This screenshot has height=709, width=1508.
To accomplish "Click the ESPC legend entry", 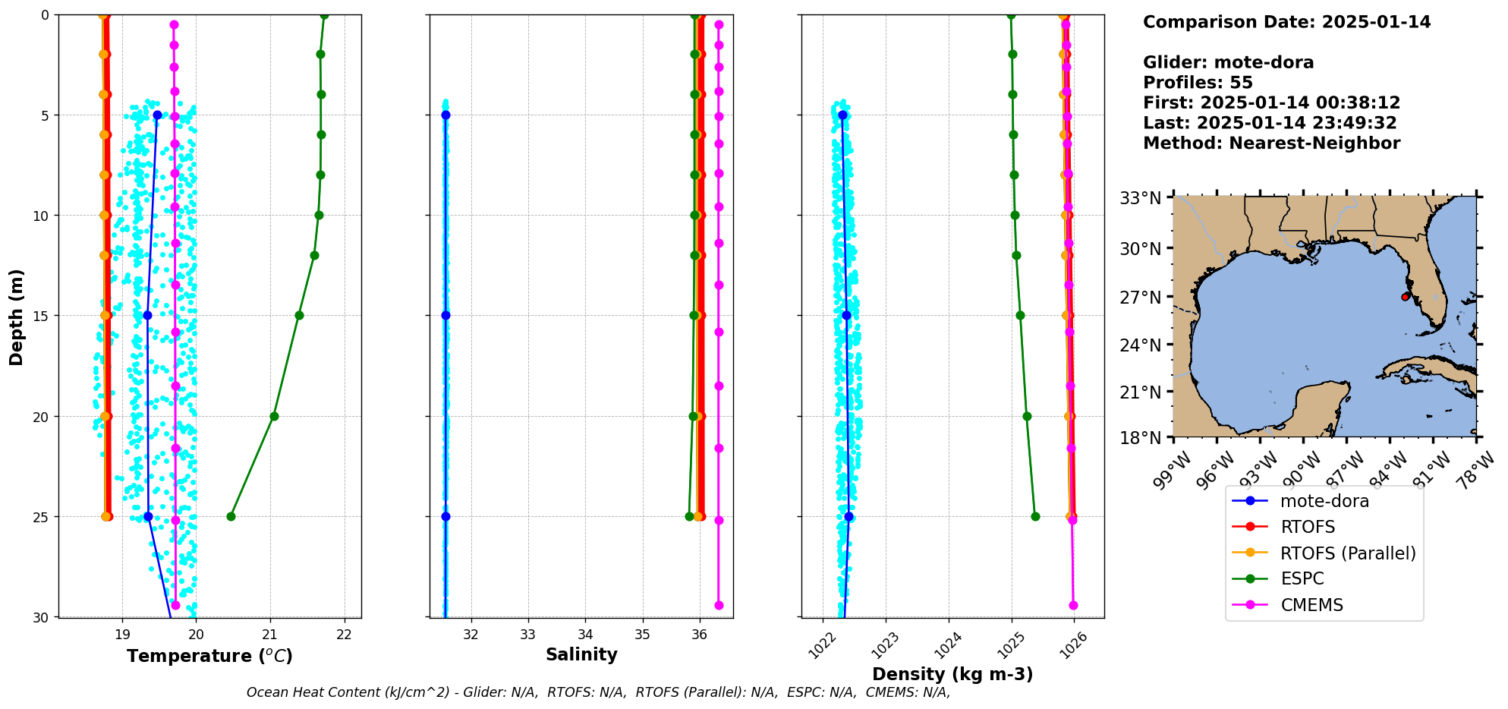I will pyautogui.click(x=1302, y=578).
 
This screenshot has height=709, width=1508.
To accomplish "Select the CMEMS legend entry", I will pyautogui.click(x=1311, y=605).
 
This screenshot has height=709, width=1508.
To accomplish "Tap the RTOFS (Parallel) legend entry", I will pyautogui.click(x=1347, y=553).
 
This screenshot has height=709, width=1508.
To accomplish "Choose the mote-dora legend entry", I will pyautogui.click(x=1324, y=501).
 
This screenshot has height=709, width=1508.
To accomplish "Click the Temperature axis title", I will pyautogui.click(x=209, y=656).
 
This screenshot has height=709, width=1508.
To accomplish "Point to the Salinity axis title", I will pyautogui.click(x=581, y=654).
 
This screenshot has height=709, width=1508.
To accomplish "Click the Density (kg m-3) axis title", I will pyautogui.click(x=952, y=674).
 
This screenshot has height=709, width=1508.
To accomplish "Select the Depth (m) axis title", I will pyautogui.click(x=17, y=317).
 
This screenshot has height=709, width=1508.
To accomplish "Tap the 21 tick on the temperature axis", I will pyautogui.click(x=270, y=635).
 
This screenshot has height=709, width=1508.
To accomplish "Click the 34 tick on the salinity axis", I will pyautogui.click(x=585, y=635).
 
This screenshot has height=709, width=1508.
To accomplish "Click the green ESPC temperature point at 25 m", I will pyautogui.click(x=231, y=517).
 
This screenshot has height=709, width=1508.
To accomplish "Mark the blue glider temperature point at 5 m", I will pyautogui.click(x=157, y=115).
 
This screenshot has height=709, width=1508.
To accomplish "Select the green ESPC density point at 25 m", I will pyautogui.click(x=1035, y=517).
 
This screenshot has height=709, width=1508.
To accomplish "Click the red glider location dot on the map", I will pyautogui.click(x=1405, y=297).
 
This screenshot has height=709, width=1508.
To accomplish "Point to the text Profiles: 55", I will pyautogui.click(x=1198, y=83).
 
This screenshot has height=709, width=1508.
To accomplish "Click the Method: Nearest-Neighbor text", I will pyautogui.click(x=1271, y=143).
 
